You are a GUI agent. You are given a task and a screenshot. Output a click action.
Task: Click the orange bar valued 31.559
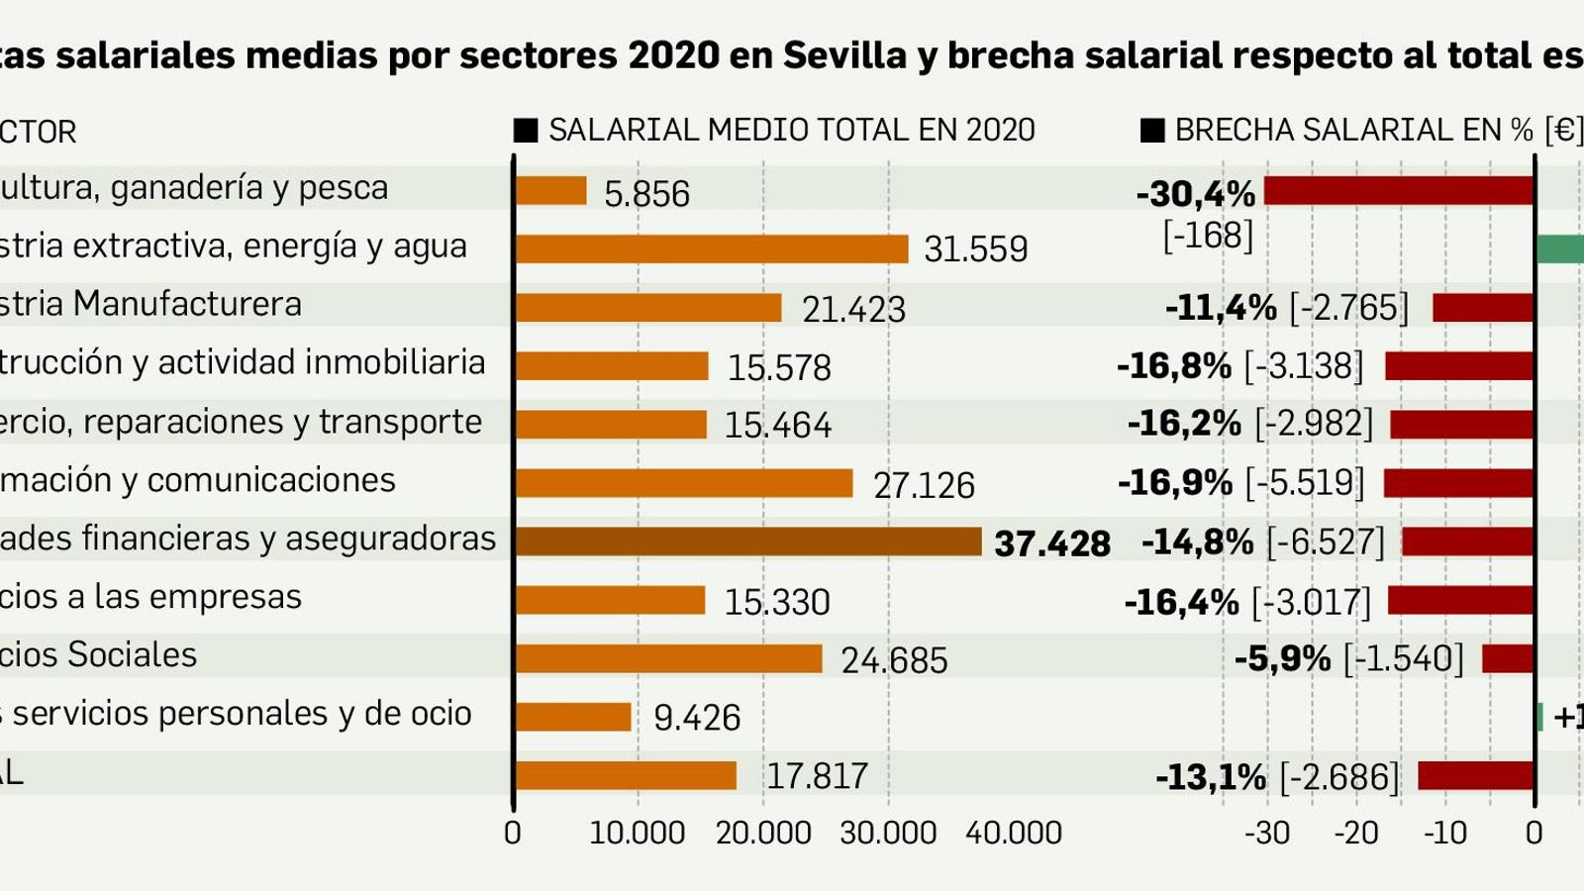coord(711,248)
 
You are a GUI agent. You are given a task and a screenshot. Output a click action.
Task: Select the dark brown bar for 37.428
coord(747,542)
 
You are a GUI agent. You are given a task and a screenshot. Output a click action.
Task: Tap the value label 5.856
coord(646,193)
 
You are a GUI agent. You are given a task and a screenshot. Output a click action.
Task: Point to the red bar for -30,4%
coord(1398,190)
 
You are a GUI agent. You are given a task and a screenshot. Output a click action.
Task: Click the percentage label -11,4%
coord(1221,308)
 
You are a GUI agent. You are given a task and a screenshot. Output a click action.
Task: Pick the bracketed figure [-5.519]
coord(1304,483)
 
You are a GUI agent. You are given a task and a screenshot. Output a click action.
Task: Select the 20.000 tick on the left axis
coord(763,833)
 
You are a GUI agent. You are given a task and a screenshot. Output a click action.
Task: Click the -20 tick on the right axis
coord(1355,833)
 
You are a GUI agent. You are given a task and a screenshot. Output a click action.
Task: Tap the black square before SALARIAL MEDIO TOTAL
coord(526,131)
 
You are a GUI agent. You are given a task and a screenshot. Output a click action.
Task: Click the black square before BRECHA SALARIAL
coord(1152,131)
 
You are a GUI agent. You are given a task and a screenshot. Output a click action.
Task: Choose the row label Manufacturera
coord(187,304)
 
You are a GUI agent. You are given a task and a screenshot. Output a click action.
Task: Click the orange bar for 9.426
coord(573,717)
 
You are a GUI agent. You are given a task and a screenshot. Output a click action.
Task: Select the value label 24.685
coord(894,660)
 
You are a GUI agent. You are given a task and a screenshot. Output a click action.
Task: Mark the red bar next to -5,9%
coord(1508,658)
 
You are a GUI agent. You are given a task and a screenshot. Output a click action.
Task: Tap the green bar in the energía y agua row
coord(1560,248)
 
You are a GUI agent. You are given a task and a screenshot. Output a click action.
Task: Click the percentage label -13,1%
coord(1210,777)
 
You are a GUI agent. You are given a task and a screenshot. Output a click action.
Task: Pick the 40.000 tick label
coord(1013,833)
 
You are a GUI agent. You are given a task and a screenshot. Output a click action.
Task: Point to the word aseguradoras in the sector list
coord(390,539)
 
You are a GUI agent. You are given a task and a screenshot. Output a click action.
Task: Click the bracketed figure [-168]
coord(1208,236)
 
